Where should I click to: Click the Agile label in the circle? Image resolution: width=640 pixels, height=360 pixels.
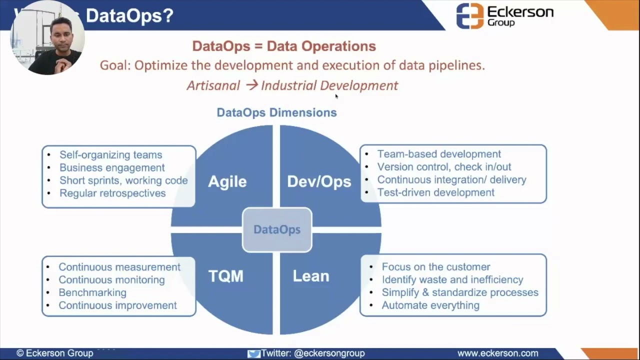pos(227,181)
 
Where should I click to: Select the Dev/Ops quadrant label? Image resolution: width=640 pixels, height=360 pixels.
pos(319,181)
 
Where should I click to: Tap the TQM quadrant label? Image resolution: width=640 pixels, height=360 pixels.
pos(225,276)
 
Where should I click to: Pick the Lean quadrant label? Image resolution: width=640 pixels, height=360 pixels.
pos(311,276)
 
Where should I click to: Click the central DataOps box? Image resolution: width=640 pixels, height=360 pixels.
pos(277,229)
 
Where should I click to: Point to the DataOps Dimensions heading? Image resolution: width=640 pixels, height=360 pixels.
pos(276,112)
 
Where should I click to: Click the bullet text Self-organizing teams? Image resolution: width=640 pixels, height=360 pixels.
pos(110,155)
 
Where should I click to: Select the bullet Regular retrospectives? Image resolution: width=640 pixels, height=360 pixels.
pos(112,193)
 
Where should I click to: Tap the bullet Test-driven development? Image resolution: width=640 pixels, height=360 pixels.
pos(435,192)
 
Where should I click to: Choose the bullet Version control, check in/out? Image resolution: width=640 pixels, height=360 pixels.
pos(444,167)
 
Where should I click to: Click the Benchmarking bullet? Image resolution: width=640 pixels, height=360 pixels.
pos(92,292)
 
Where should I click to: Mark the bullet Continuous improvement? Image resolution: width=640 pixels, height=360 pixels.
pos(117,305)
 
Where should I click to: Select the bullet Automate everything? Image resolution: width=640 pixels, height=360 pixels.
pos(430,305)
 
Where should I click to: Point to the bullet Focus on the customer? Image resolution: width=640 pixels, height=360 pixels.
pos(436,267)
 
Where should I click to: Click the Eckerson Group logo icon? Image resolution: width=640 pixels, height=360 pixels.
pos(469,16)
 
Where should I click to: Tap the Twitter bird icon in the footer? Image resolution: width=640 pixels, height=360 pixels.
pos(254,353)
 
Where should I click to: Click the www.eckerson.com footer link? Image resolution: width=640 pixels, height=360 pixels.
pos(497,353)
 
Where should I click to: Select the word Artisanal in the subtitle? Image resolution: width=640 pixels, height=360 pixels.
pos(213,85)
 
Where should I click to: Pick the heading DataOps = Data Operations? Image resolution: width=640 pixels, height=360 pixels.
pos(284,46)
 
